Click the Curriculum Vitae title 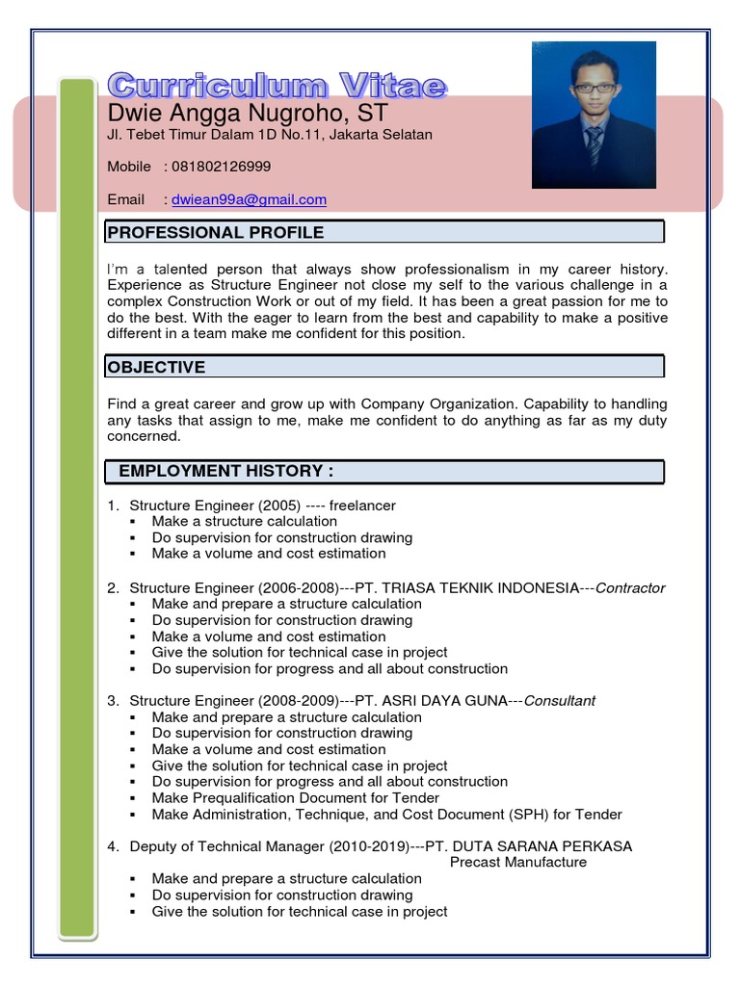[x=277, y=86]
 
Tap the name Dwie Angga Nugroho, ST [x=248, y=114]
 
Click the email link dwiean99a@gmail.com [x=249, y=200]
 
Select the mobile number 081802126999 [x=221, y=167]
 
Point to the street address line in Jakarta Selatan [x=270, y=135]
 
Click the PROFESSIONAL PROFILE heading [x=216, y=232]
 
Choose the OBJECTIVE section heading [x=156, y=367]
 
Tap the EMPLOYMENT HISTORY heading [x=225, y=471]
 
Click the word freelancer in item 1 [x=362, y=506]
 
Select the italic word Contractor [x=630, y=588]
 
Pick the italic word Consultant [x=559, y=701]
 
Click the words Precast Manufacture [x=518, y=863]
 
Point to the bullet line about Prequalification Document [x=295, y=798]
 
